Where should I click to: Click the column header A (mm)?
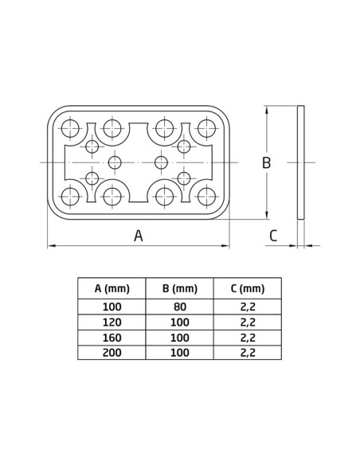coord(112,288)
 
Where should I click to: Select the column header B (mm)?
coord(179,288)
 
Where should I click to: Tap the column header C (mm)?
coord(247,288)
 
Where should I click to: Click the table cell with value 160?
coord(112,338)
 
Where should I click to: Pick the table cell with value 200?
coord(112,353)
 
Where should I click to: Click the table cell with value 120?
coord(112,322)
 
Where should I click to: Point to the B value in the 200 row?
coord(179,353)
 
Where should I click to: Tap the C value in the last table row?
coord(247,353)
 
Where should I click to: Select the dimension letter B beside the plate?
coord(268,162)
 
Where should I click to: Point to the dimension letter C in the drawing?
coord(273,235)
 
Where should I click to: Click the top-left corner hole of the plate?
coord(70,127)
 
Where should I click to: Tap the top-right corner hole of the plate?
coord(208,127)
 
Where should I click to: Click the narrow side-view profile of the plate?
coord(300,162)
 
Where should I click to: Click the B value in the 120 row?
coord(179,322)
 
